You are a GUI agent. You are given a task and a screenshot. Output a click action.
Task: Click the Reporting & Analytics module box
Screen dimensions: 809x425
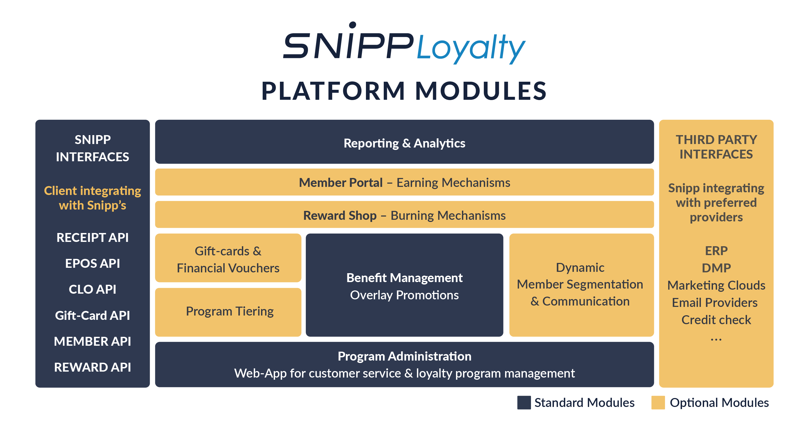[x=404, y=141]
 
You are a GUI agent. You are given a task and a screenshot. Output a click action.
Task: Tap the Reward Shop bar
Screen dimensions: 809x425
[x=404, y=215]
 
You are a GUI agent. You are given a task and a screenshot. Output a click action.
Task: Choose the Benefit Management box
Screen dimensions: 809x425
[x=404, y=285]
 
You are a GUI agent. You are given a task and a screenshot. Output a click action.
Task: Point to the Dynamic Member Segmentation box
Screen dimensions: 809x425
[x=581, y=285]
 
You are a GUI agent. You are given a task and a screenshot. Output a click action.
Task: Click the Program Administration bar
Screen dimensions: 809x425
[x=404, y=364]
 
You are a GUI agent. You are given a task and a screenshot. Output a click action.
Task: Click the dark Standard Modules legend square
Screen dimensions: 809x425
[x=524, y=402]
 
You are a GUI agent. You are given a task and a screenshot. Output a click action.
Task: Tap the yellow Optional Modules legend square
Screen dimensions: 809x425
[x=658, y=402]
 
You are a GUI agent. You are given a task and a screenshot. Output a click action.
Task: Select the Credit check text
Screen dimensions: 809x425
[x=716, y=320]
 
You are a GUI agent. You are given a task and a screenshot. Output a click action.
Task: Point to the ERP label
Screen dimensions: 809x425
[x=716, y=251]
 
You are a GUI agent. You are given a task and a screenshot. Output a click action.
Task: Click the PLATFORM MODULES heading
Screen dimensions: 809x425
[x=404, y=91]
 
